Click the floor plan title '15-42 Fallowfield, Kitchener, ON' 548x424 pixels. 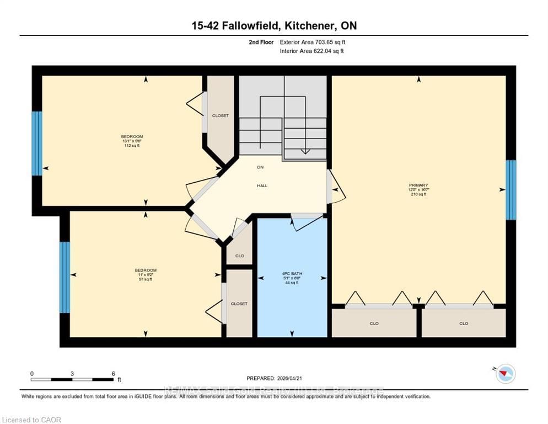274,26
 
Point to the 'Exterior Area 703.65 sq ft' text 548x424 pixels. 313,42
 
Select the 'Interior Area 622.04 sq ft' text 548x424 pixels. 311,51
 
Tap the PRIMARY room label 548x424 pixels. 418,185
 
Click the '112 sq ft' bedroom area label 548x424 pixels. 132,146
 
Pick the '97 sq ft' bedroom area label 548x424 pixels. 146,279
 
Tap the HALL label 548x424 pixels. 262,185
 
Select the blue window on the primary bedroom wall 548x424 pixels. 511,189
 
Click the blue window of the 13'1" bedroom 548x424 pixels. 37,144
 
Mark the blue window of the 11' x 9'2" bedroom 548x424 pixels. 65,277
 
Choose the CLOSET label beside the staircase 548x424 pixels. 221,115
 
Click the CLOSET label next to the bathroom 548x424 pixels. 239,304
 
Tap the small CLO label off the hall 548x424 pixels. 239,256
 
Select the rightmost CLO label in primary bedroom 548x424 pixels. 463,324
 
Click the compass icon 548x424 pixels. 505,374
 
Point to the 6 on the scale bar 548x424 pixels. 113,374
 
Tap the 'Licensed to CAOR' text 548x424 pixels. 31,420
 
